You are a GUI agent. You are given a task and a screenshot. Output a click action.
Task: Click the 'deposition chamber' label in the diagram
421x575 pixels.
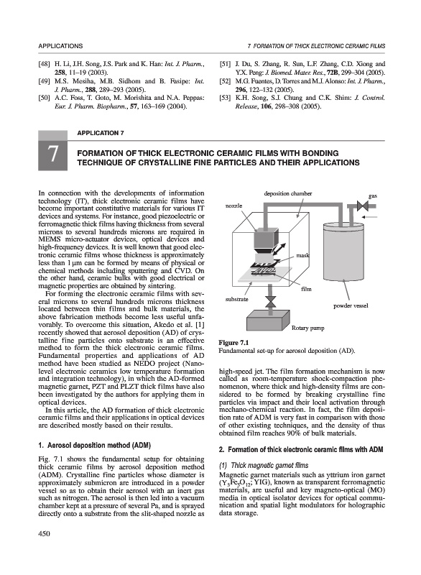(287, 193)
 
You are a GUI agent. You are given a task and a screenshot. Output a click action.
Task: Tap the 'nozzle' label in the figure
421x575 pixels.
(233, 206)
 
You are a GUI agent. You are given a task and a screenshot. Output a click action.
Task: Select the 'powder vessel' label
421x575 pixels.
(351, 305)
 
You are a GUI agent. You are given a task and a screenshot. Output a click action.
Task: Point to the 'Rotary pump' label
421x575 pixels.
(307, 328)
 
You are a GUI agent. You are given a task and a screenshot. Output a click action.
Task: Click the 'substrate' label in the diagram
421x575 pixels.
(236, 299)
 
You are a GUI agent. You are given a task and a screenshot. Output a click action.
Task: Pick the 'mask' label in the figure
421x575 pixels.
(302, 254)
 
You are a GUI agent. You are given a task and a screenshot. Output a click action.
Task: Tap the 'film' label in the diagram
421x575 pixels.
(306, 289)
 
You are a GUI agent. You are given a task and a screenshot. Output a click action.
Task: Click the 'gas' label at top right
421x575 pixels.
(373, 195)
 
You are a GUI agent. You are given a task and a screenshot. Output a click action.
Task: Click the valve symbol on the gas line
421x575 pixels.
(362, 206)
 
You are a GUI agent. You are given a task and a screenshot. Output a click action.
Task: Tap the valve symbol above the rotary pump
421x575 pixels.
(271, 302)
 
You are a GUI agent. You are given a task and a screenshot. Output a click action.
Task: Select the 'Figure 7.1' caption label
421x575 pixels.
(233, 343)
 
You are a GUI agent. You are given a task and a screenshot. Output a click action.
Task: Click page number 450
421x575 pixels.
(44, 533)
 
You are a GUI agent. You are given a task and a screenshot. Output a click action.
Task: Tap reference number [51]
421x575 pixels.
(225, 64)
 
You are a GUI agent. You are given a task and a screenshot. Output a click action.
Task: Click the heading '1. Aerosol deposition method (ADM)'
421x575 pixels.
(95, 446)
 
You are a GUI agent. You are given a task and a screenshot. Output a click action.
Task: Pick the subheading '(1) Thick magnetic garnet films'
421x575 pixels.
(264, 466)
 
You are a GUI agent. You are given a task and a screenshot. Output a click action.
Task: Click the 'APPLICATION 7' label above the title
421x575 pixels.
(101, 133)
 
